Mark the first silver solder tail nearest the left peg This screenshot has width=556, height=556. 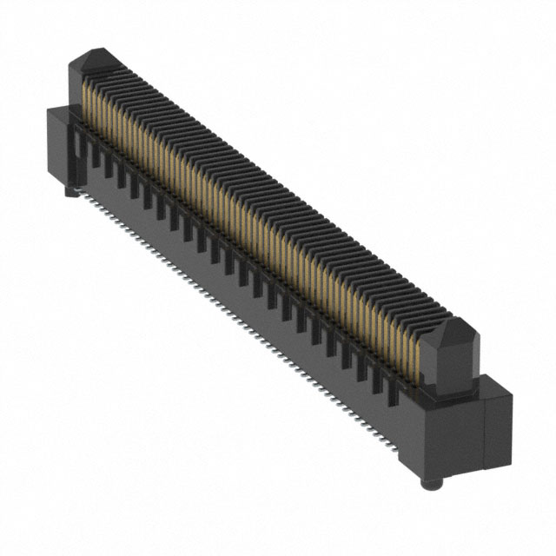coord(83,199)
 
